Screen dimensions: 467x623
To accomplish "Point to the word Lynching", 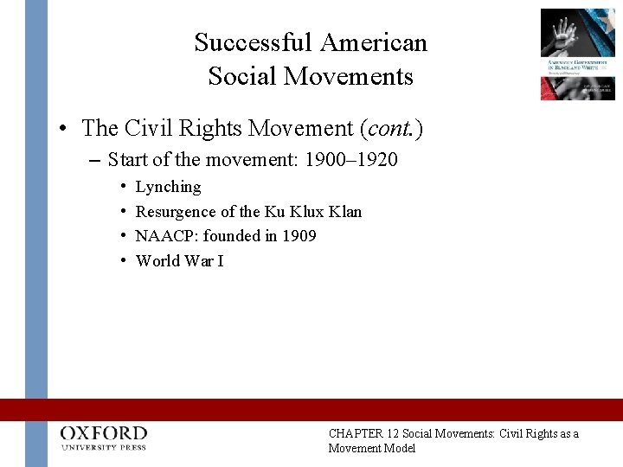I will click(x=169, y=187).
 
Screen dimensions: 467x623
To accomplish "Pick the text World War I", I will click(x=180, y=260).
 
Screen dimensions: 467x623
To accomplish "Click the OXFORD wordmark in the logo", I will click(x=104, y=432).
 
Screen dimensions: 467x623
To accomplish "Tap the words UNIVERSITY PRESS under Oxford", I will click(x=104, y=448).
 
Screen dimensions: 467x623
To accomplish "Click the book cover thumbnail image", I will click(x=577, y=54).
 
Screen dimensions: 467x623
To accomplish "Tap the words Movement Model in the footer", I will click(x=372, y=448).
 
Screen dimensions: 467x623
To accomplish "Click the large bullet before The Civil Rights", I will click(x=65, y=129).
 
